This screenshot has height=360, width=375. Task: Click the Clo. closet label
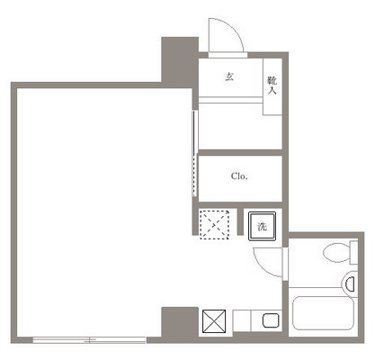pyautogui.click(x=239, y=176)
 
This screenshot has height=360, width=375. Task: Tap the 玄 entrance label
pyautogui.click(x=229, y=77)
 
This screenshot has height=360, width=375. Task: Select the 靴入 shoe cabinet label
pyautogui.click(x=272, y=85)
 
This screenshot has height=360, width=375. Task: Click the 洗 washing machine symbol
pyautogui.click(x=262, y=227)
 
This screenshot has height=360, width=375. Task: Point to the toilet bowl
pyautogui.click(x=336, y=253)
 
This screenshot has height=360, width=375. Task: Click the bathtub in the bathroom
pyautogui.click(x=323, y=313)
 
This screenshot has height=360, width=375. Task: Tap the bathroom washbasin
pyautogui.click(x=350, y=283)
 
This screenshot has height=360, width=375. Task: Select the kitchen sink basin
pyautogui.click(x=271, y=320)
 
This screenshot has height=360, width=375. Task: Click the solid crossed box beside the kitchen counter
pyautogui.click(x=214, y=321)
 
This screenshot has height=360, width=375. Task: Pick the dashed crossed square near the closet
pyautogui.click(x=215, y=225)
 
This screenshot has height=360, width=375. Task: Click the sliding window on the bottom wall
pyautogui.click(x=89, y=340)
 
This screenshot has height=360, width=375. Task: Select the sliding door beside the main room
pyautogui.click(x=195, y=153)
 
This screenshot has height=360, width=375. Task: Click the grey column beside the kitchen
pyautogui.click(x=180, y=322)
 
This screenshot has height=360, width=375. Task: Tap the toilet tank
pyautogui.click(x=354, y=253)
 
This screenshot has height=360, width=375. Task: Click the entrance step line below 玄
pyautogui.click(x=231, y=100)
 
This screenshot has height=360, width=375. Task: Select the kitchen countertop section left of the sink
pyautogui.click(x=242, y=320)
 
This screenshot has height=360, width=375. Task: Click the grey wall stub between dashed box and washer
pyautogui.click(x=240, y=221)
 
